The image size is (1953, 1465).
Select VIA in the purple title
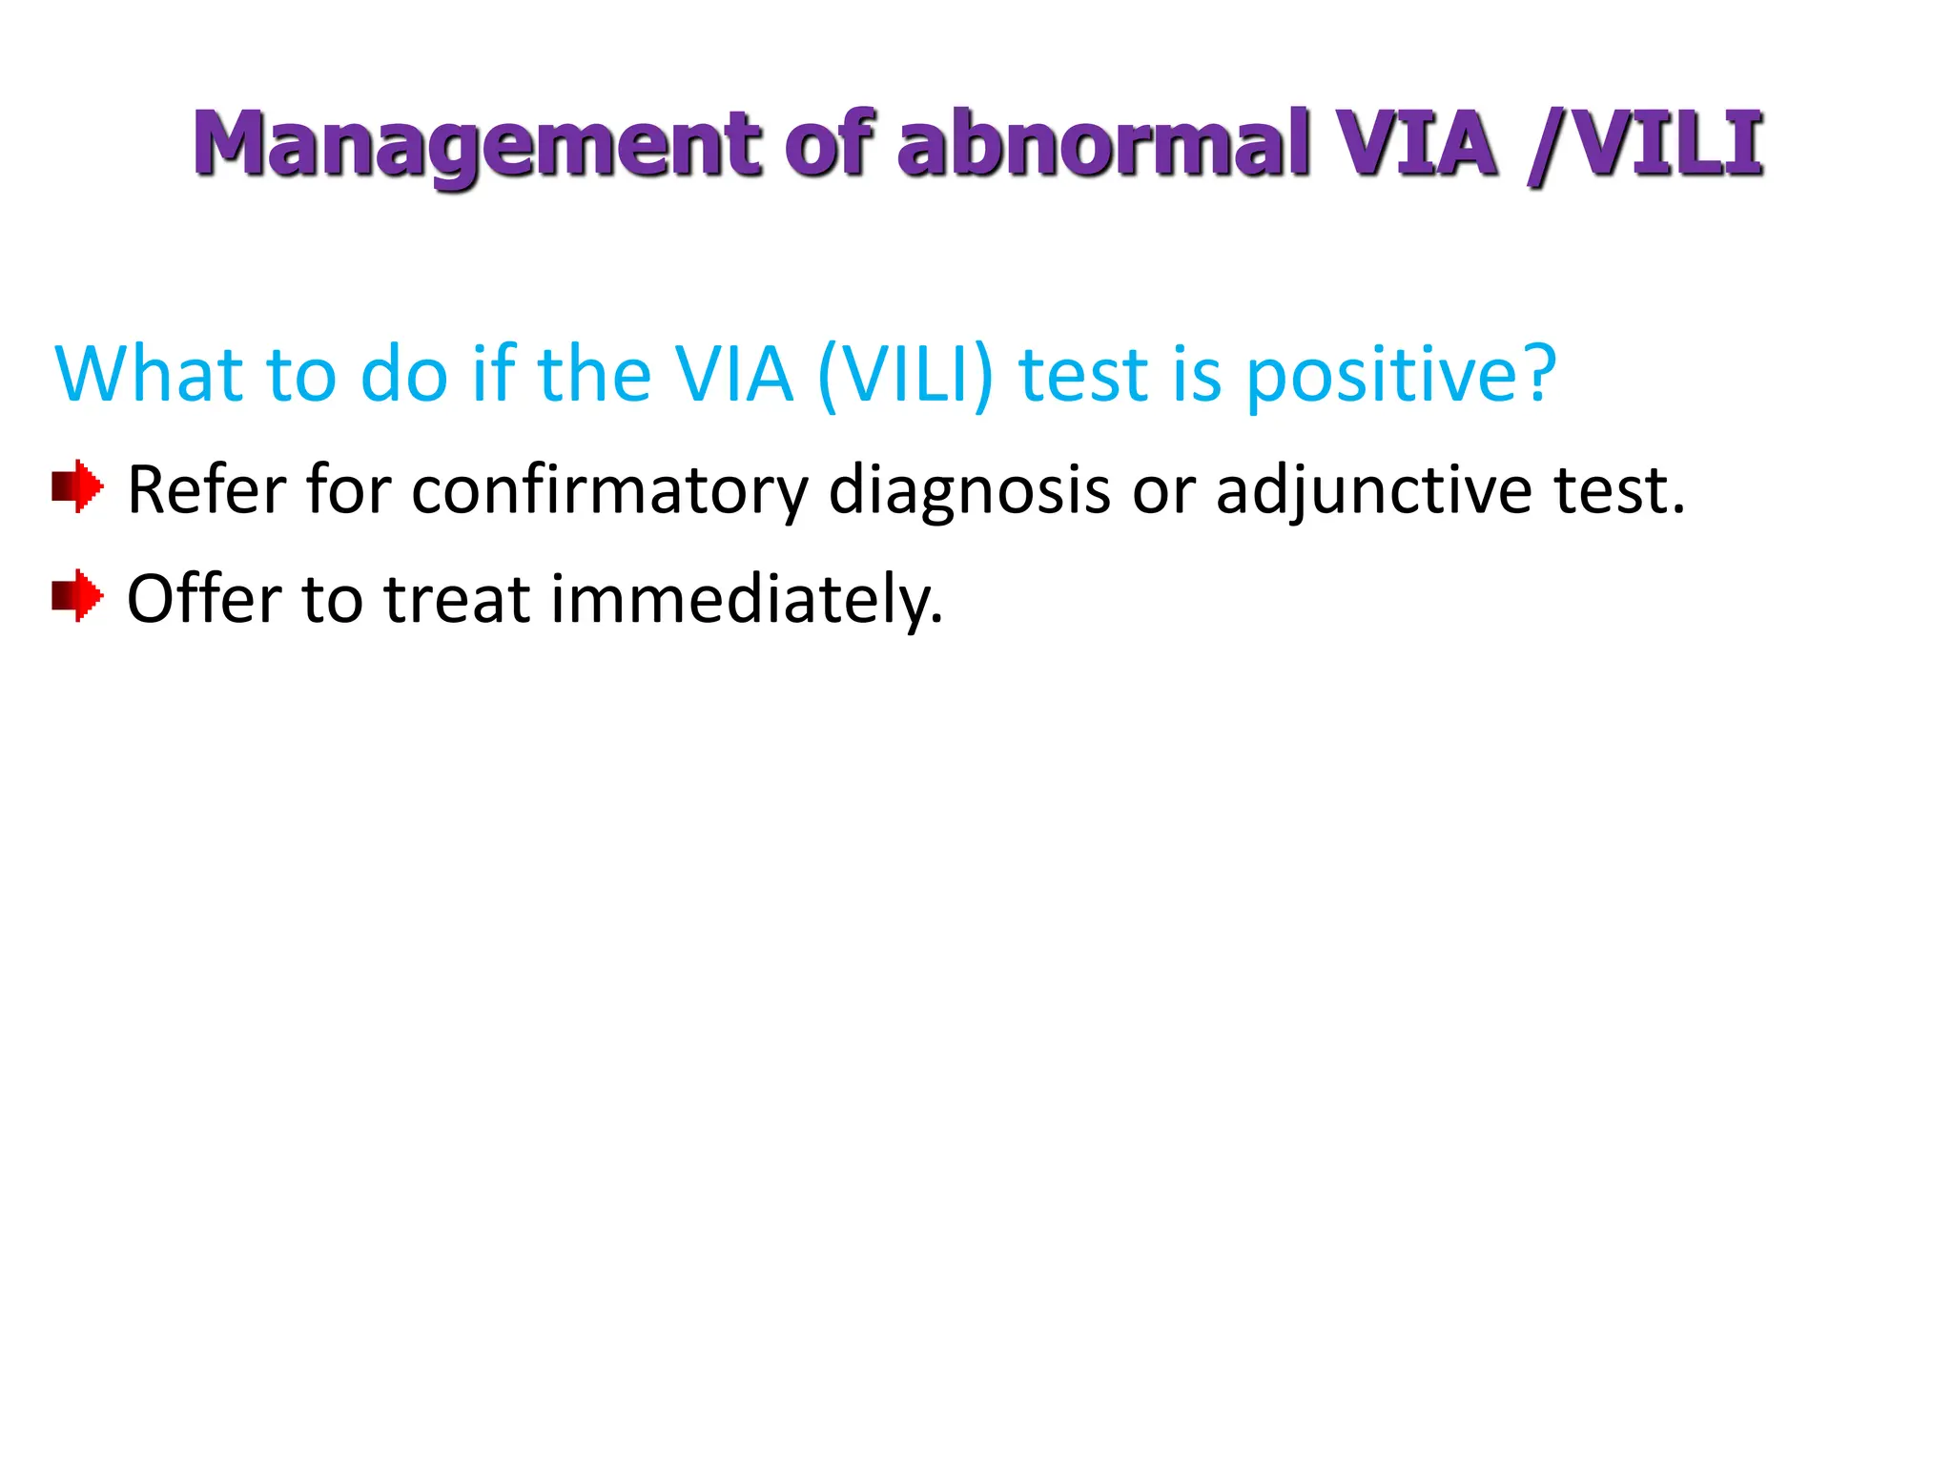click(1415, 145)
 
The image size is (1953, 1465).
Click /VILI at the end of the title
click(1644, 145)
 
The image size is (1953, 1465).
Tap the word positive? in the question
click(1401, 374)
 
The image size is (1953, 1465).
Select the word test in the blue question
click(1083, 374)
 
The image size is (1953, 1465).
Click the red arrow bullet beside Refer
click(77, 487)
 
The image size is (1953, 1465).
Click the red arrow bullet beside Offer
click(77, 596)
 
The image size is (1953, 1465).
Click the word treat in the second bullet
click(457, 599)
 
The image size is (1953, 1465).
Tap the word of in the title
click(829, 145)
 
